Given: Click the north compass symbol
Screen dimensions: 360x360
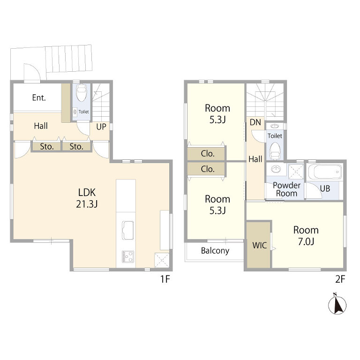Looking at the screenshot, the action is [x=337, y=304].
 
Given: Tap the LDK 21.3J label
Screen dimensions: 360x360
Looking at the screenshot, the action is [x=87, y=198].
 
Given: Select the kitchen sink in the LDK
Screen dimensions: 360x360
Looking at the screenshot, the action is [x=127, y=230].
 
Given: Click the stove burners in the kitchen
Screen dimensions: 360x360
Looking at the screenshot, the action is [x=128, y=256].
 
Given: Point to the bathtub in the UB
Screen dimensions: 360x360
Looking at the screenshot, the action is [x=325, y=172].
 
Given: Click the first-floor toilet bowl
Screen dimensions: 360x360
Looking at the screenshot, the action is [x=81, y=93].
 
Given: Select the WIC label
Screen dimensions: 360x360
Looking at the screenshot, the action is [x=259, y=246].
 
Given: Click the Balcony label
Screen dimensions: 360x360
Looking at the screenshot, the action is [x=215, y=251].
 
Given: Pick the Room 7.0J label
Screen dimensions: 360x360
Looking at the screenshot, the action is [x=306, y=236].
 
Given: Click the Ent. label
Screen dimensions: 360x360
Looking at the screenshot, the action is [x=39, y=98].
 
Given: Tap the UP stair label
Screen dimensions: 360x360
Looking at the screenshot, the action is [x=101, y=127].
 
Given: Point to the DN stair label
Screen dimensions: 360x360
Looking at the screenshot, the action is [x=255, y=122].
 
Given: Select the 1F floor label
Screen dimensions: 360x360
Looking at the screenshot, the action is [x=165, y=279].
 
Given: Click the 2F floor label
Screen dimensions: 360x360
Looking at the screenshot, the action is [x=340, y=279].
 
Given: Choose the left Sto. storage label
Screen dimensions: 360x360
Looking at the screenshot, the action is [x=47, y=146].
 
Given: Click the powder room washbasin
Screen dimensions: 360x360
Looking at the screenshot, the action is [x=276, y=169].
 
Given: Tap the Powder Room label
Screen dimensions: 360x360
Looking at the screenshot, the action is [x=286, y=189].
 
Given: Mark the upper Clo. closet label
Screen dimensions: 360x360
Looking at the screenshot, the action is [x=208, y=154].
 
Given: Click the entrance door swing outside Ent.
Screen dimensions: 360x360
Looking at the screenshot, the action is [x=32, y=72].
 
